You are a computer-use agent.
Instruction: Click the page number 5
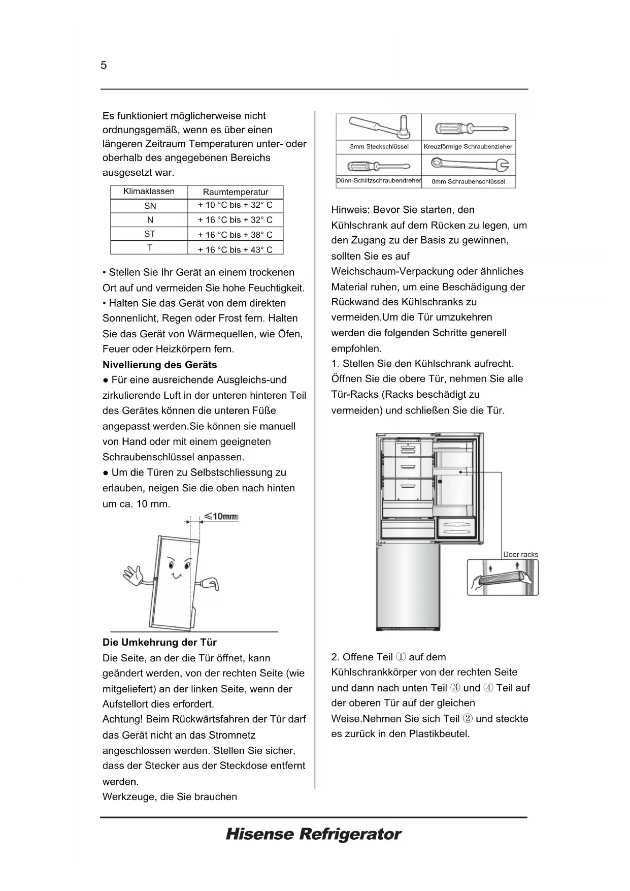(x=104, y=66)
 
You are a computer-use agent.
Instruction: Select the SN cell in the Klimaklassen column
(x=150, y=206)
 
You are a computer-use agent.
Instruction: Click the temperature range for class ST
(x=235, y=235)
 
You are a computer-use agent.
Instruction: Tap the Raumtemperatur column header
(x=235, y=192)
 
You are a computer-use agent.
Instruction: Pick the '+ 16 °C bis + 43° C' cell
(x=235, y=249)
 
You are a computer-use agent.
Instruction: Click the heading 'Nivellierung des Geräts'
(x=159, y=365)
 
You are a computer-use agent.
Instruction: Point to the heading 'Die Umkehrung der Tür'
(x=159, y=642)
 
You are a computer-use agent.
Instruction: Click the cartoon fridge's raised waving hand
(x=134, y=576)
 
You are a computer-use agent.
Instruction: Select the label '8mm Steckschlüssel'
(x=379, y=147)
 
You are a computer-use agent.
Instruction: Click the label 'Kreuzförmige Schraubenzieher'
(x=468, y=147)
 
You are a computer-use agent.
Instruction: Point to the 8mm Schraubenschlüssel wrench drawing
(x=469, y=164)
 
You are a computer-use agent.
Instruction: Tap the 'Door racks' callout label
(x=520, y=554)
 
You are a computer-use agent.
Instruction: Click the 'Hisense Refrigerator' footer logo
(x=313, y=834)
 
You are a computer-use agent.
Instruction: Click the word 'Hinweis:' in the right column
(x=350, y=210)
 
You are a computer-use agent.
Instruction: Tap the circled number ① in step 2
(x=401, y=657)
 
